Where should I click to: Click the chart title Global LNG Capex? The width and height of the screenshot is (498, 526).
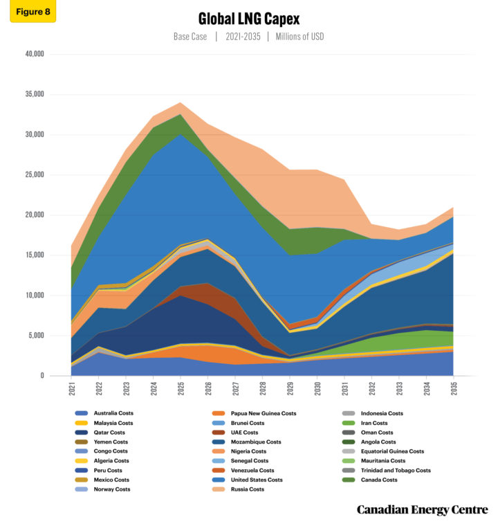(248, 19)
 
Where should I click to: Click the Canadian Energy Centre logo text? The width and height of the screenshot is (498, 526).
(423, 510)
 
